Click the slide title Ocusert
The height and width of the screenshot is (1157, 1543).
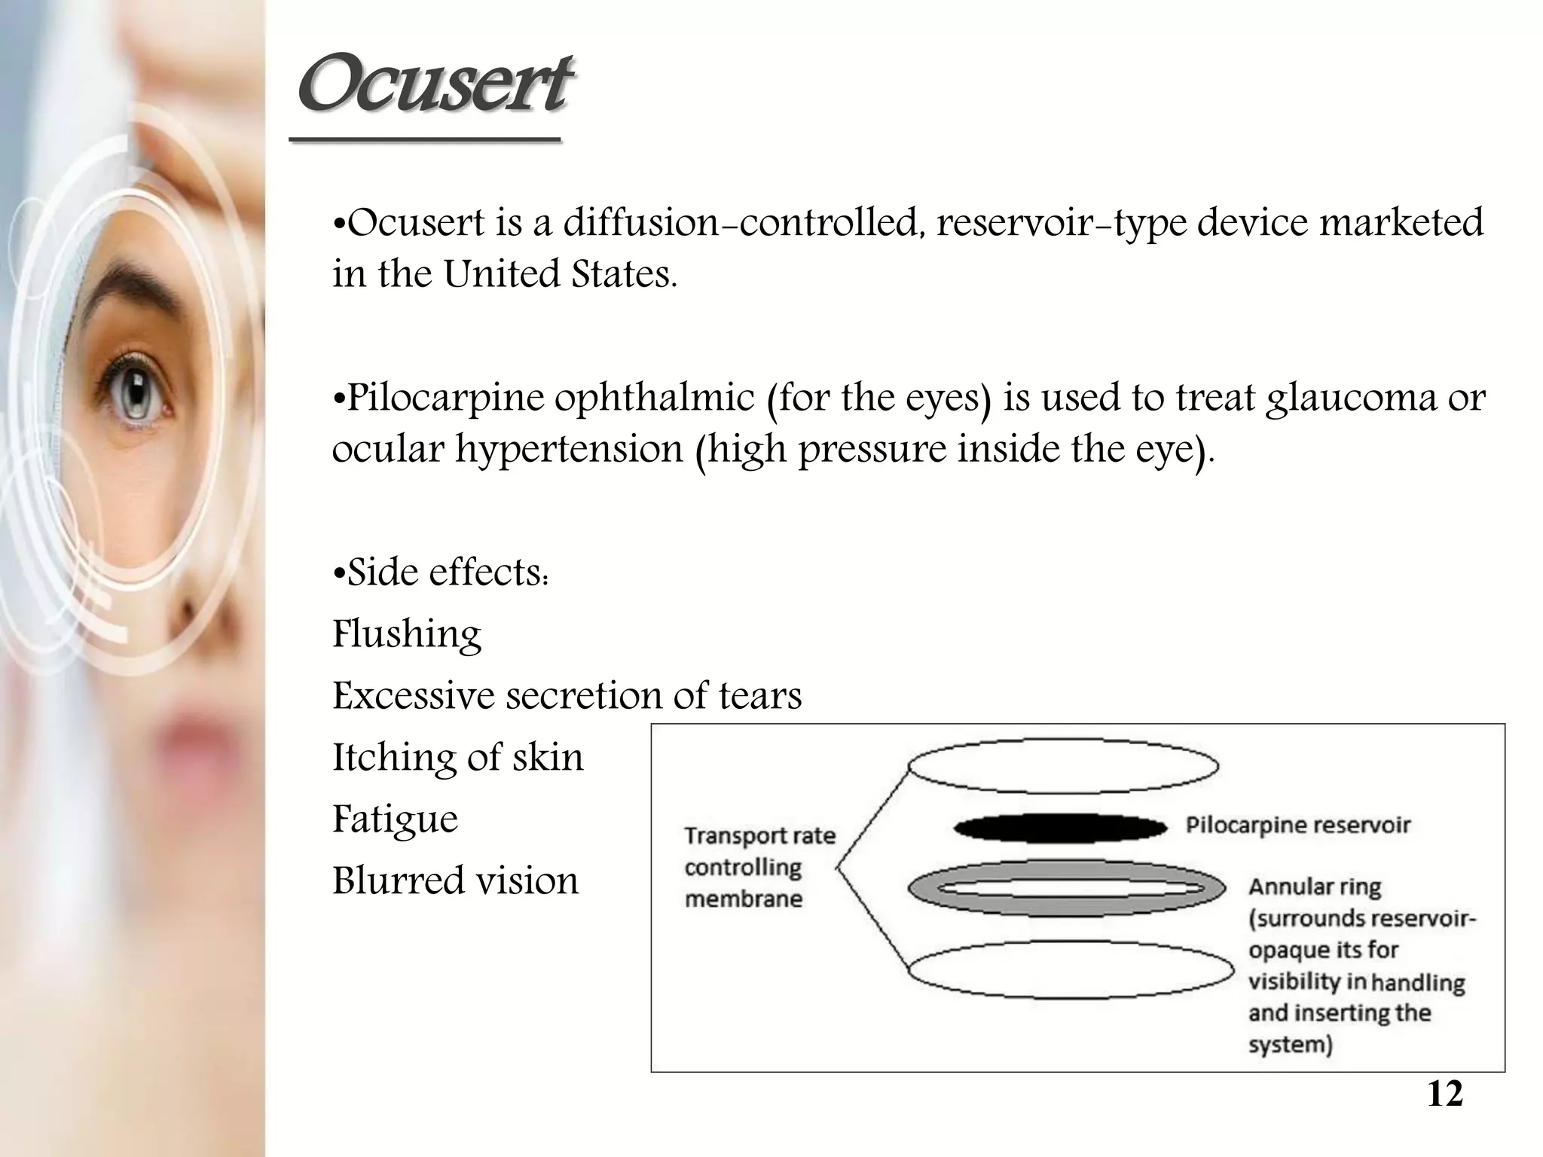tap(433, 84)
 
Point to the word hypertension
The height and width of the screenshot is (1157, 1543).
tap(569, 449)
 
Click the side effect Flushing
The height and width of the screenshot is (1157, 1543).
tap(407, 633)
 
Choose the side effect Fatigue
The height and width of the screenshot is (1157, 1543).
tap(395, 819)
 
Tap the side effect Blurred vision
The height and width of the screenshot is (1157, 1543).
tap(455, 881)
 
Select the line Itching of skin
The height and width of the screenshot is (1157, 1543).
tap(457, 757)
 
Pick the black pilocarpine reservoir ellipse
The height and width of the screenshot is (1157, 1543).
tap(1060, 828)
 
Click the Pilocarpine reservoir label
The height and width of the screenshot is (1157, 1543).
tap(1297, 825)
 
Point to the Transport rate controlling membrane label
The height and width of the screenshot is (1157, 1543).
tap(759, 867)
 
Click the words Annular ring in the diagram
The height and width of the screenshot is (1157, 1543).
tap(1315, 887)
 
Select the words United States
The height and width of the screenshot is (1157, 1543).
tap(560, 274)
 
